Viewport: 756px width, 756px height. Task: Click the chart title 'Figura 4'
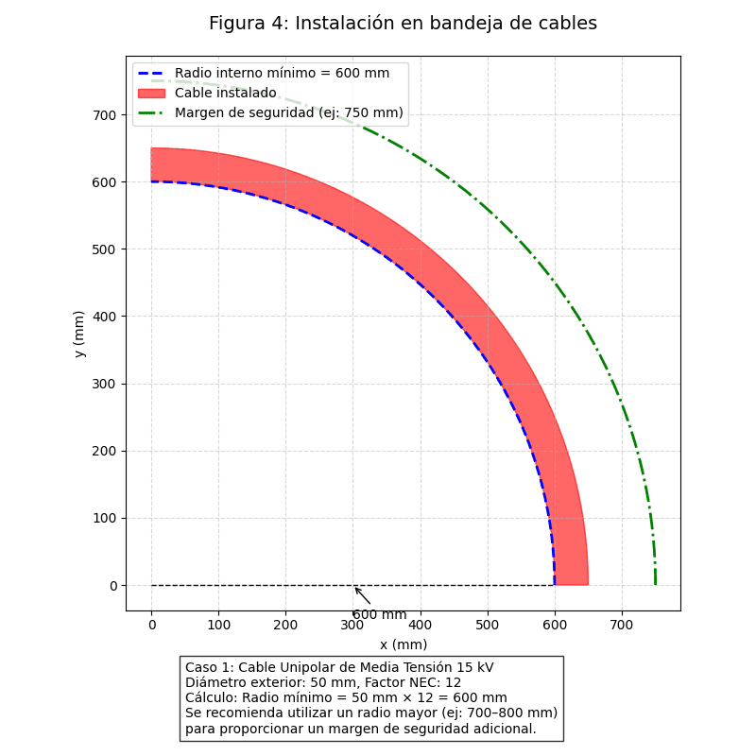click(244, 23)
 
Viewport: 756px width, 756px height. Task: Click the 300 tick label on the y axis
click(105, 385)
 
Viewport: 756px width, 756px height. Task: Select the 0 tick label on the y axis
click(113, 586)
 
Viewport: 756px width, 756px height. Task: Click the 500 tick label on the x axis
click(487, 625)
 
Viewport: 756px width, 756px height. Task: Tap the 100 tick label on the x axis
click(218, 625)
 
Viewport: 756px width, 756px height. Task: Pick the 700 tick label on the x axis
click(622, 625)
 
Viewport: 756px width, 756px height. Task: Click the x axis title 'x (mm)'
click(404, 644)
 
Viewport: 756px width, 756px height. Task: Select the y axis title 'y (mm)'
click(79, 334)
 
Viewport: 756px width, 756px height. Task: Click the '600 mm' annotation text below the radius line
click(380, 614)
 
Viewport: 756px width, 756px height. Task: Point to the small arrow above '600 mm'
click(363, 596)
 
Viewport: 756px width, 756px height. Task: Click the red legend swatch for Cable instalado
click(151, 93)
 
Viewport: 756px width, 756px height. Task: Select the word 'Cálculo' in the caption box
click(210, 697)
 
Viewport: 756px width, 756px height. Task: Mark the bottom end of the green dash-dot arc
click(655, 585)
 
